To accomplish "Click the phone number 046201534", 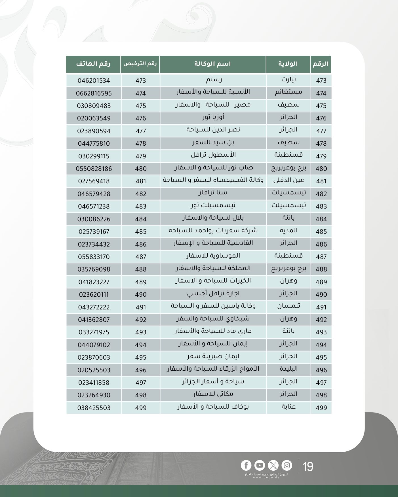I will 94,81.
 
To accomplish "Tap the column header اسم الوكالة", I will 212,64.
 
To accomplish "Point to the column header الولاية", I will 288,64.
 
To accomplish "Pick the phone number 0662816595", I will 94,93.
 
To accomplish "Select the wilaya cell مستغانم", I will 288,92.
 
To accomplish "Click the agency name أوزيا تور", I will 213,118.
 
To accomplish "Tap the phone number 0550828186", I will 94,169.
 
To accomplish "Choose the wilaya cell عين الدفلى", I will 289,180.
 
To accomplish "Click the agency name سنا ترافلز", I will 213,193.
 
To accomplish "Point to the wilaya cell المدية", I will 289,231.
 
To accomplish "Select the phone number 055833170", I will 94,257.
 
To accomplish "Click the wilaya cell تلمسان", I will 289,306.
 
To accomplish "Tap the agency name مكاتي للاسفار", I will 213,394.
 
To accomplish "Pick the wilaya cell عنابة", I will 289,407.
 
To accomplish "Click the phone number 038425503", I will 94,408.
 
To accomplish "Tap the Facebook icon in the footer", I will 246,465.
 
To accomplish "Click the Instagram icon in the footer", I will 287,465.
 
